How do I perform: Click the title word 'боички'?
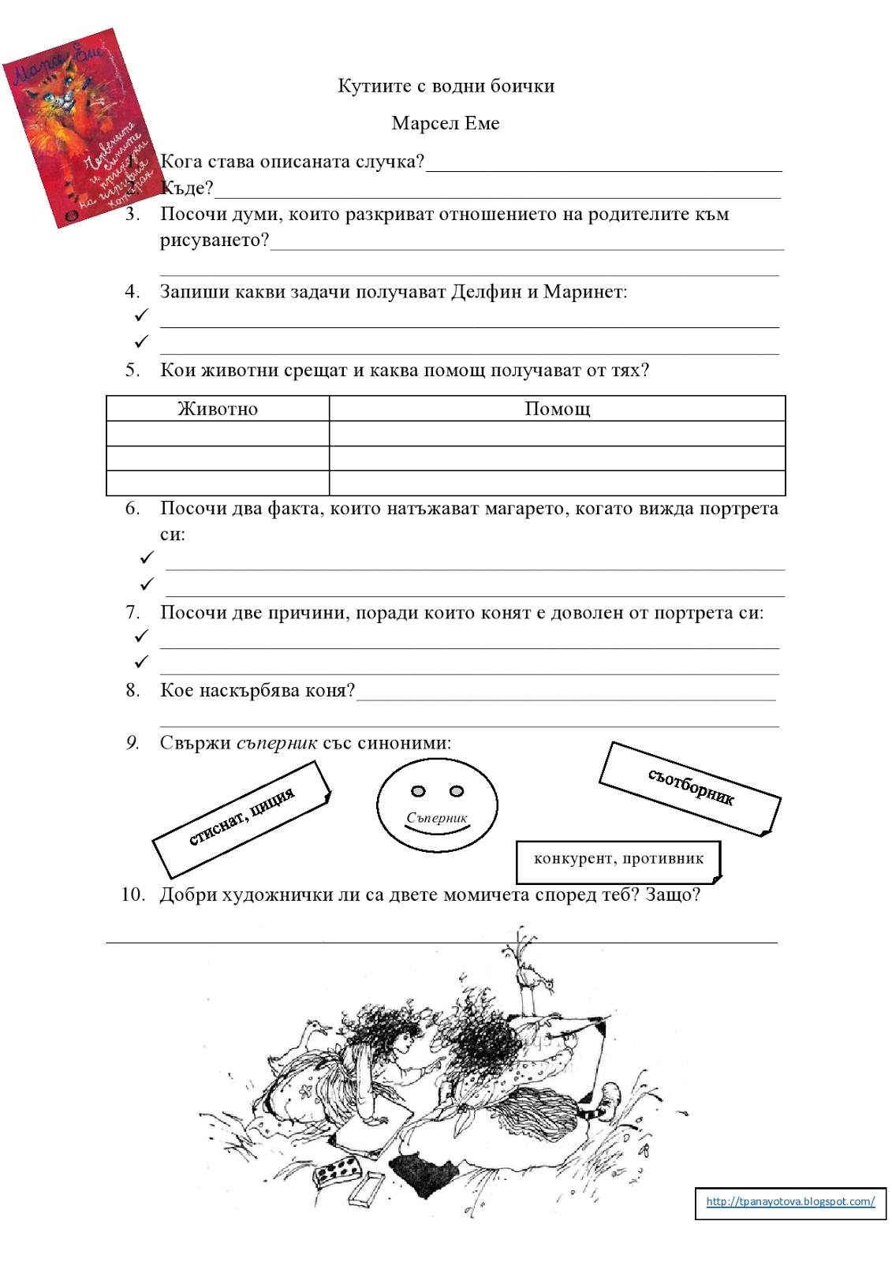(x=522, y=86)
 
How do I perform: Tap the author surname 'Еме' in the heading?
(x=483, y=123)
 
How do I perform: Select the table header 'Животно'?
(x=218, y=409)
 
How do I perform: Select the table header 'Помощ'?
(x=557, y=409)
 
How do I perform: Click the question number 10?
(x=132, y=894)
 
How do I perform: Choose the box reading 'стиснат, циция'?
(x=241, y=818)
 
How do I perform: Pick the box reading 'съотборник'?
(x=690, y=787)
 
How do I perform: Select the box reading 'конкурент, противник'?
(x=618, y=859)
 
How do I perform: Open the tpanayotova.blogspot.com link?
(x=790, y=1201)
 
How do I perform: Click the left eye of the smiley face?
(x=418, y=791)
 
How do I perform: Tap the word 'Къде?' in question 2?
(x=187, y=188)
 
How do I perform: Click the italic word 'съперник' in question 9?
(x=277, y=743)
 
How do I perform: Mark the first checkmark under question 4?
(x=141, y=315)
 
